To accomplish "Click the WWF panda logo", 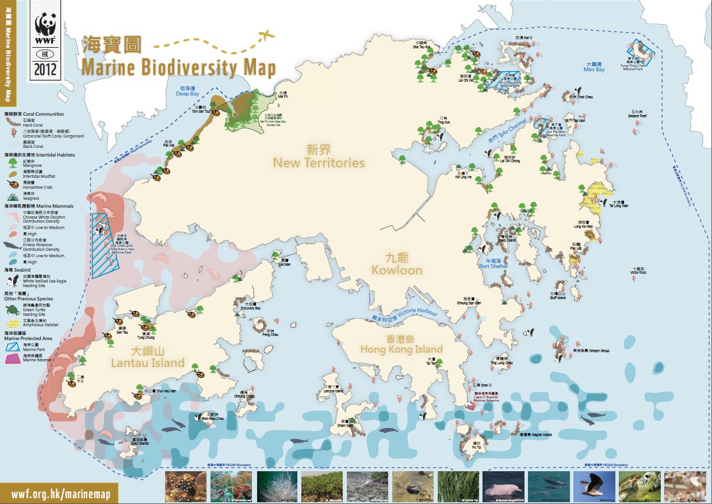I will [45, 26].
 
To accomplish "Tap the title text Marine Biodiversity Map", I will [178, 67].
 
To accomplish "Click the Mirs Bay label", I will [594, 70].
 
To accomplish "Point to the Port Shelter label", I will [494, 266].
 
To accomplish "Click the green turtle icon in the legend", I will [12, 311].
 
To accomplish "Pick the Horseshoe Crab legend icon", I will [12, 184].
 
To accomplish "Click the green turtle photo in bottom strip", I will [639, 487].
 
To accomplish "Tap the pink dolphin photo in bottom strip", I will [503, 487].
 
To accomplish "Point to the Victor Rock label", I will [638, 272].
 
